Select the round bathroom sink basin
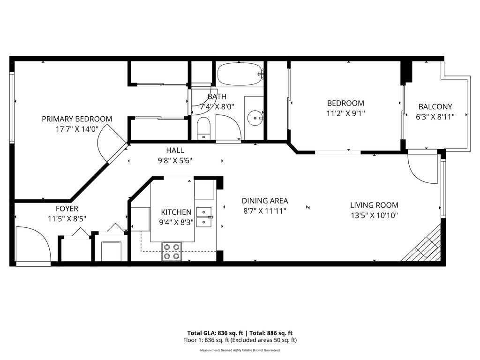point(255,118)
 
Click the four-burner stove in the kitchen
point(172,251)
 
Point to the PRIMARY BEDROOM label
point(77,119)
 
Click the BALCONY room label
point(435,106)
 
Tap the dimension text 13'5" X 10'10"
point(374,216)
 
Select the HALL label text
point(175,150)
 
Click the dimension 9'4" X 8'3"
point(176,222)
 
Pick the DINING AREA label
point(265,201)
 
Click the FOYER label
point(67,209)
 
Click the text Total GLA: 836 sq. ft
point(215,333)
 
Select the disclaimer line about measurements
point(240,350)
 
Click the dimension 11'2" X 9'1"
point(345,113)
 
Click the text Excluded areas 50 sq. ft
point(263,340)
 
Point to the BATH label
point(217,97)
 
